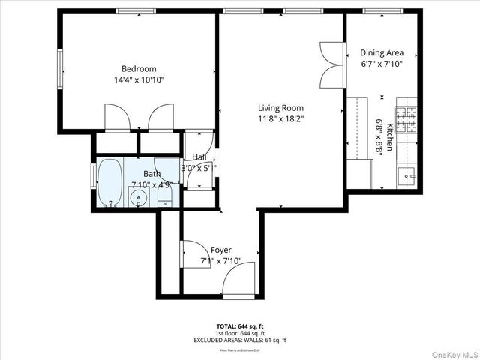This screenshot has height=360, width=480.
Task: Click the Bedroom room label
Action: click(x=139, y=69)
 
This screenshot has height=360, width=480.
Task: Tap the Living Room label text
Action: click(x=281, y=107)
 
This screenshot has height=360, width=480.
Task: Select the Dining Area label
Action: click(x=382, y=52)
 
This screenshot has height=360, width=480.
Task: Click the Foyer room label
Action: click(x=220, y=250)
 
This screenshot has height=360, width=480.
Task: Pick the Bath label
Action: click(x=152, y=174)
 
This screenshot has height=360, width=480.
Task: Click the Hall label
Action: click(x=199, y=157)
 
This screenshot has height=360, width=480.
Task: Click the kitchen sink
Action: click(x=409, y=177)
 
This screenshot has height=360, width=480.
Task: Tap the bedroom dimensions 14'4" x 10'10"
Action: click(x=139, y=79)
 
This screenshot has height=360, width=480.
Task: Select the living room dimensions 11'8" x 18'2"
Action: click(x=281, y=118)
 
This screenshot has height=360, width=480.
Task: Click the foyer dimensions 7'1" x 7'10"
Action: click(x=220, y=261)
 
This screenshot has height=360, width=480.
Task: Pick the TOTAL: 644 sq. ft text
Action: click(x=240, y=325)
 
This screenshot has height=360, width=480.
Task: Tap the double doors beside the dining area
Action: click(x=331, y=65)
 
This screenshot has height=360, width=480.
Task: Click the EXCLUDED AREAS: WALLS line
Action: click(x=240, y=340)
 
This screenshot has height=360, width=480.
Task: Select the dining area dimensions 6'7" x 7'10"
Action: click(x=382, y=64)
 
